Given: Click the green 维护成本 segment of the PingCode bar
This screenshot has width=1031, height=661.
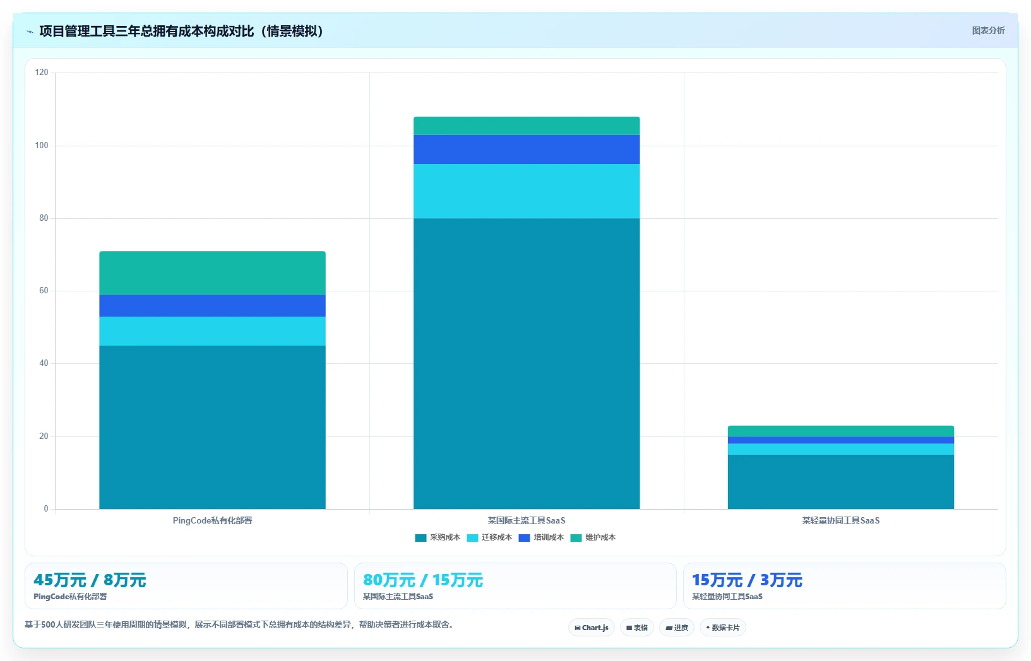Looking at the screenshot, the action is click(x=212, y=273).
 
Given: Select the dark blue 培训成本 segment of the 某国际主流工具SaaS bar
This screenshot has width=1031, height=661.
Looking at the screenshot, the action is click(x=527, y=149).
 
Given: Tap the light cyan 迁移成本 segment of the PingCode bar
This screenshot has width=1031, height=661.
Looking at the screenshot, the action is click(x=212, y=331).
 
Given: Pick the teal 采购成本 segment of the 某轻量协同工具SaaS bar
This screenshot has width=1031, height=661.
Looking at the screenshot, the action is click(x=840, y=482).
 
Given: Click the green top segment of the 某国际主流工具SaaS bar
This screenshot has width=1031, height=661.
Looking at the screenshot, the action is click(x=527, y=126).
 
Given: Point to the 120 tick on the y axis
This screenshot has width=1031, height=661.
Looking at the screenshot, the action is click(x=42, y=72).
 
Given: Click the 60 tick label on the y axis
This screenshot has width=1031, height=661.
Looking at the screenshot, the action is click(x=44, y=291).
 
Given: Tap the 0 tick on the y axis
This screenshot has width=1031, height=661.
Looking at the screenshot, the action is click(x=46, y=508).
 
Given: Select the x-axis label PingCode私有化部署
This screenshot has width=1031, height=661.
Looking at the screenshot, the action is click(x=212, y=520).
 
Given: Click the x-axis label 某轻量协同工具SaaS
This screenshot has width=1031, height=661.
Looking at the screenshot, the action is click(x=840, y=520).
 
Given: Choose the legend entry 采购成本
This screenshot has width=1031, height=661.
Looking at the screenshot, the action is click(x=438, y=537).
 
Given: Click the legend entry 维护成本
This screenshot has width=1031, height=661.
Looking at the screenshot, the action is click(x=593, y=537).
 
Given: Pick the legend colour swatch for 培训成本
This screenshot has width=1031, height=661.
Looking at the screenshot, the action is click(x=524, y=538).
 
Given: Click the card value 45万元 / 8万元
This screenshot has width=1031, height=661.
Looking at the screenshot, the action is click(x=90, y=580).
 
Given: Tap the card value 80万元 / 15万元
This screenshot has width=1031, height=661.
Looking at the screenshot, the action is click(x=423, y=580).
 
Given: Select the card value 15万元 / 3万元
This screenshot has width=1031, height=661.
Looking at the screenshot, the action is click(x=747, y=580).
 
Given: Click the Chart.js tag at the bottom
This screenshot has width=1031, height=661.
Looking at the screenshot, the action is click(x=592, y=628).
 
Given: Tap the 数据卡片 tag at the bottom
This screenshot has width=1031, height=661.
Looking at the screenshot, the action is click(x=723, y=628).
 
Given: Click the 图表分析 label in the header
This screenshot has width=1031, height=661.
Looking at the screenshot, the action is click(x=988, y=31).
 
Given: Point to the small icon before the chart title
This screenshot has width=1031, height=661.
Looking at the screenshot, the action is click(x=30, y=32).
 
